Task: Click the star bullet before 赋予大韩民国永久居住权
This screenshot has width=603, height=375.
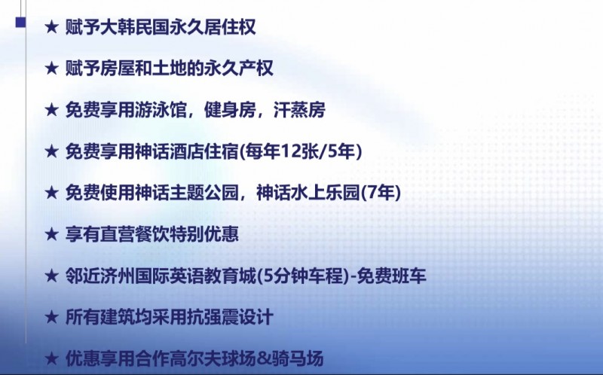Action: click(51, 27)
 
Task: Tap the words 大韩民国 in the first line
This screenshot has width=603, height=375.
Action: click(134, 27)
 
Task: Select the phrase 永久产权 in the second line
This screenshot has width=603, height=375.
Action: click(238, 69)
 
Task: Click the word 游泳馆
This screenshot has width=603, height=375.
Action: click(161, 110)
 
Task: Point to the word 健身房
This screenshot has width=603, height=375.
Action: click(230, 110)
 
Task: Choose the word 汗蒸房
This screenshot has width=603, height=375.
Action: click(299, 110)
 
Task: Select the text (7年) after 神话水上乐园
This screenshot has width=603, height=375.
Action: click(381, 193)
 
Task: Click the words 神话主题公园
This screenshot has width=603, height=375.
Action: click(186, 193)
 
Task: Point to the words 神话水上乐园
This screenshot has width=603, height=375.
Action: click(308, 193)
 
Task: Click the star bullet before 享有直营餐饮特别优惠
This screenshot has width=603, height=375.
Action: click(51, 234)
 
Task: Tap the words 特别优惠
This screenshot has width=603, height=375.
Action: click(204, 234)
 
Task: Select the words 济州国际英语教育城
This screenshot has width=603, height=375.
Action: click(178, 276)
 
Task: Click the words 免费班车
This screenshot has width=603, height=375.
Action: click(391, 276)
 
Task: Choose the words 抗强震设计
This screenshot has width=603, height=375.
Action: click(230, 317)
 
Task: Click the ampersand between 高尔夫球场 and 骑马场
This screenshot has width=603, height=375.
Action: click(263, 359)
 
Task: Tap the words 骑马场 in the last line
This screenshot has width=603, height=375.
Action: click(297, 359)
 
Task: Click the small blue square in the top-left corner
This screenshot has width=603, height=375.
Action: click(21, 23)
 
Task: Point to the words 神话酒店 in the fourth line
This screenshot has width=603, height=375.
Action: click(169, 151)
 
